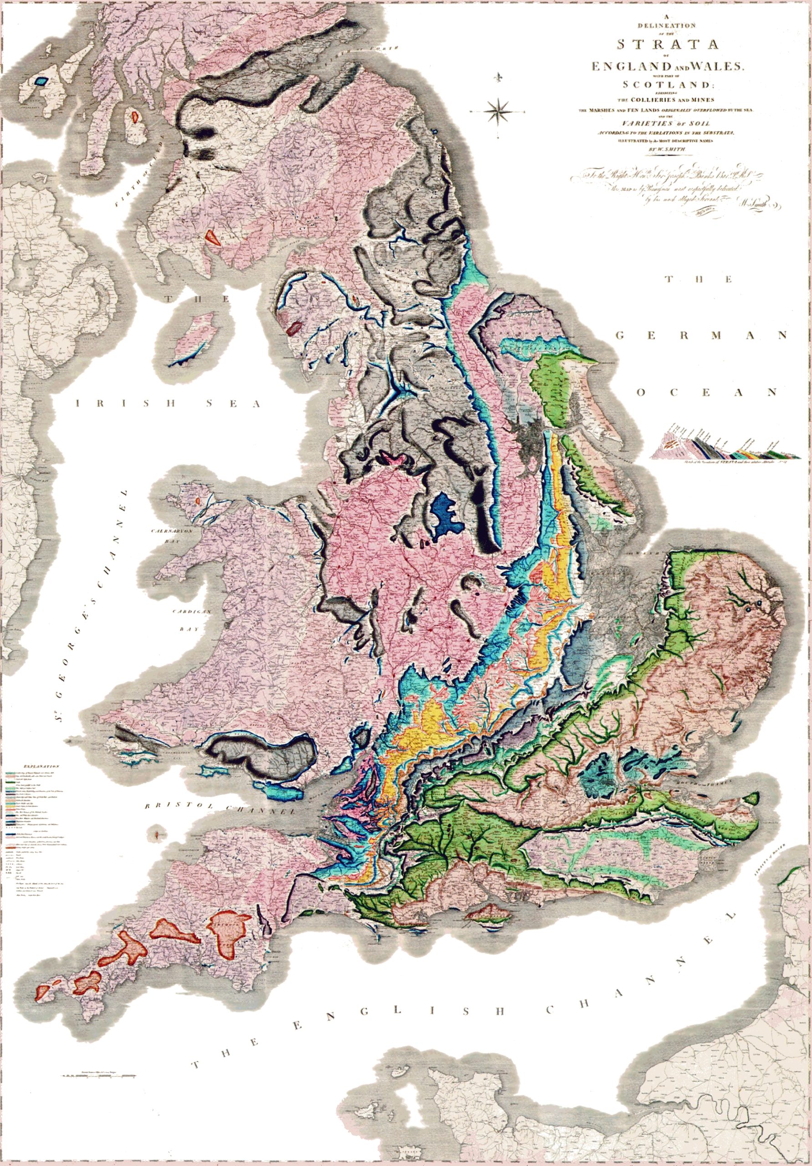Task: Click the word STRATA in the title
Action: tap(667, 44)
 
